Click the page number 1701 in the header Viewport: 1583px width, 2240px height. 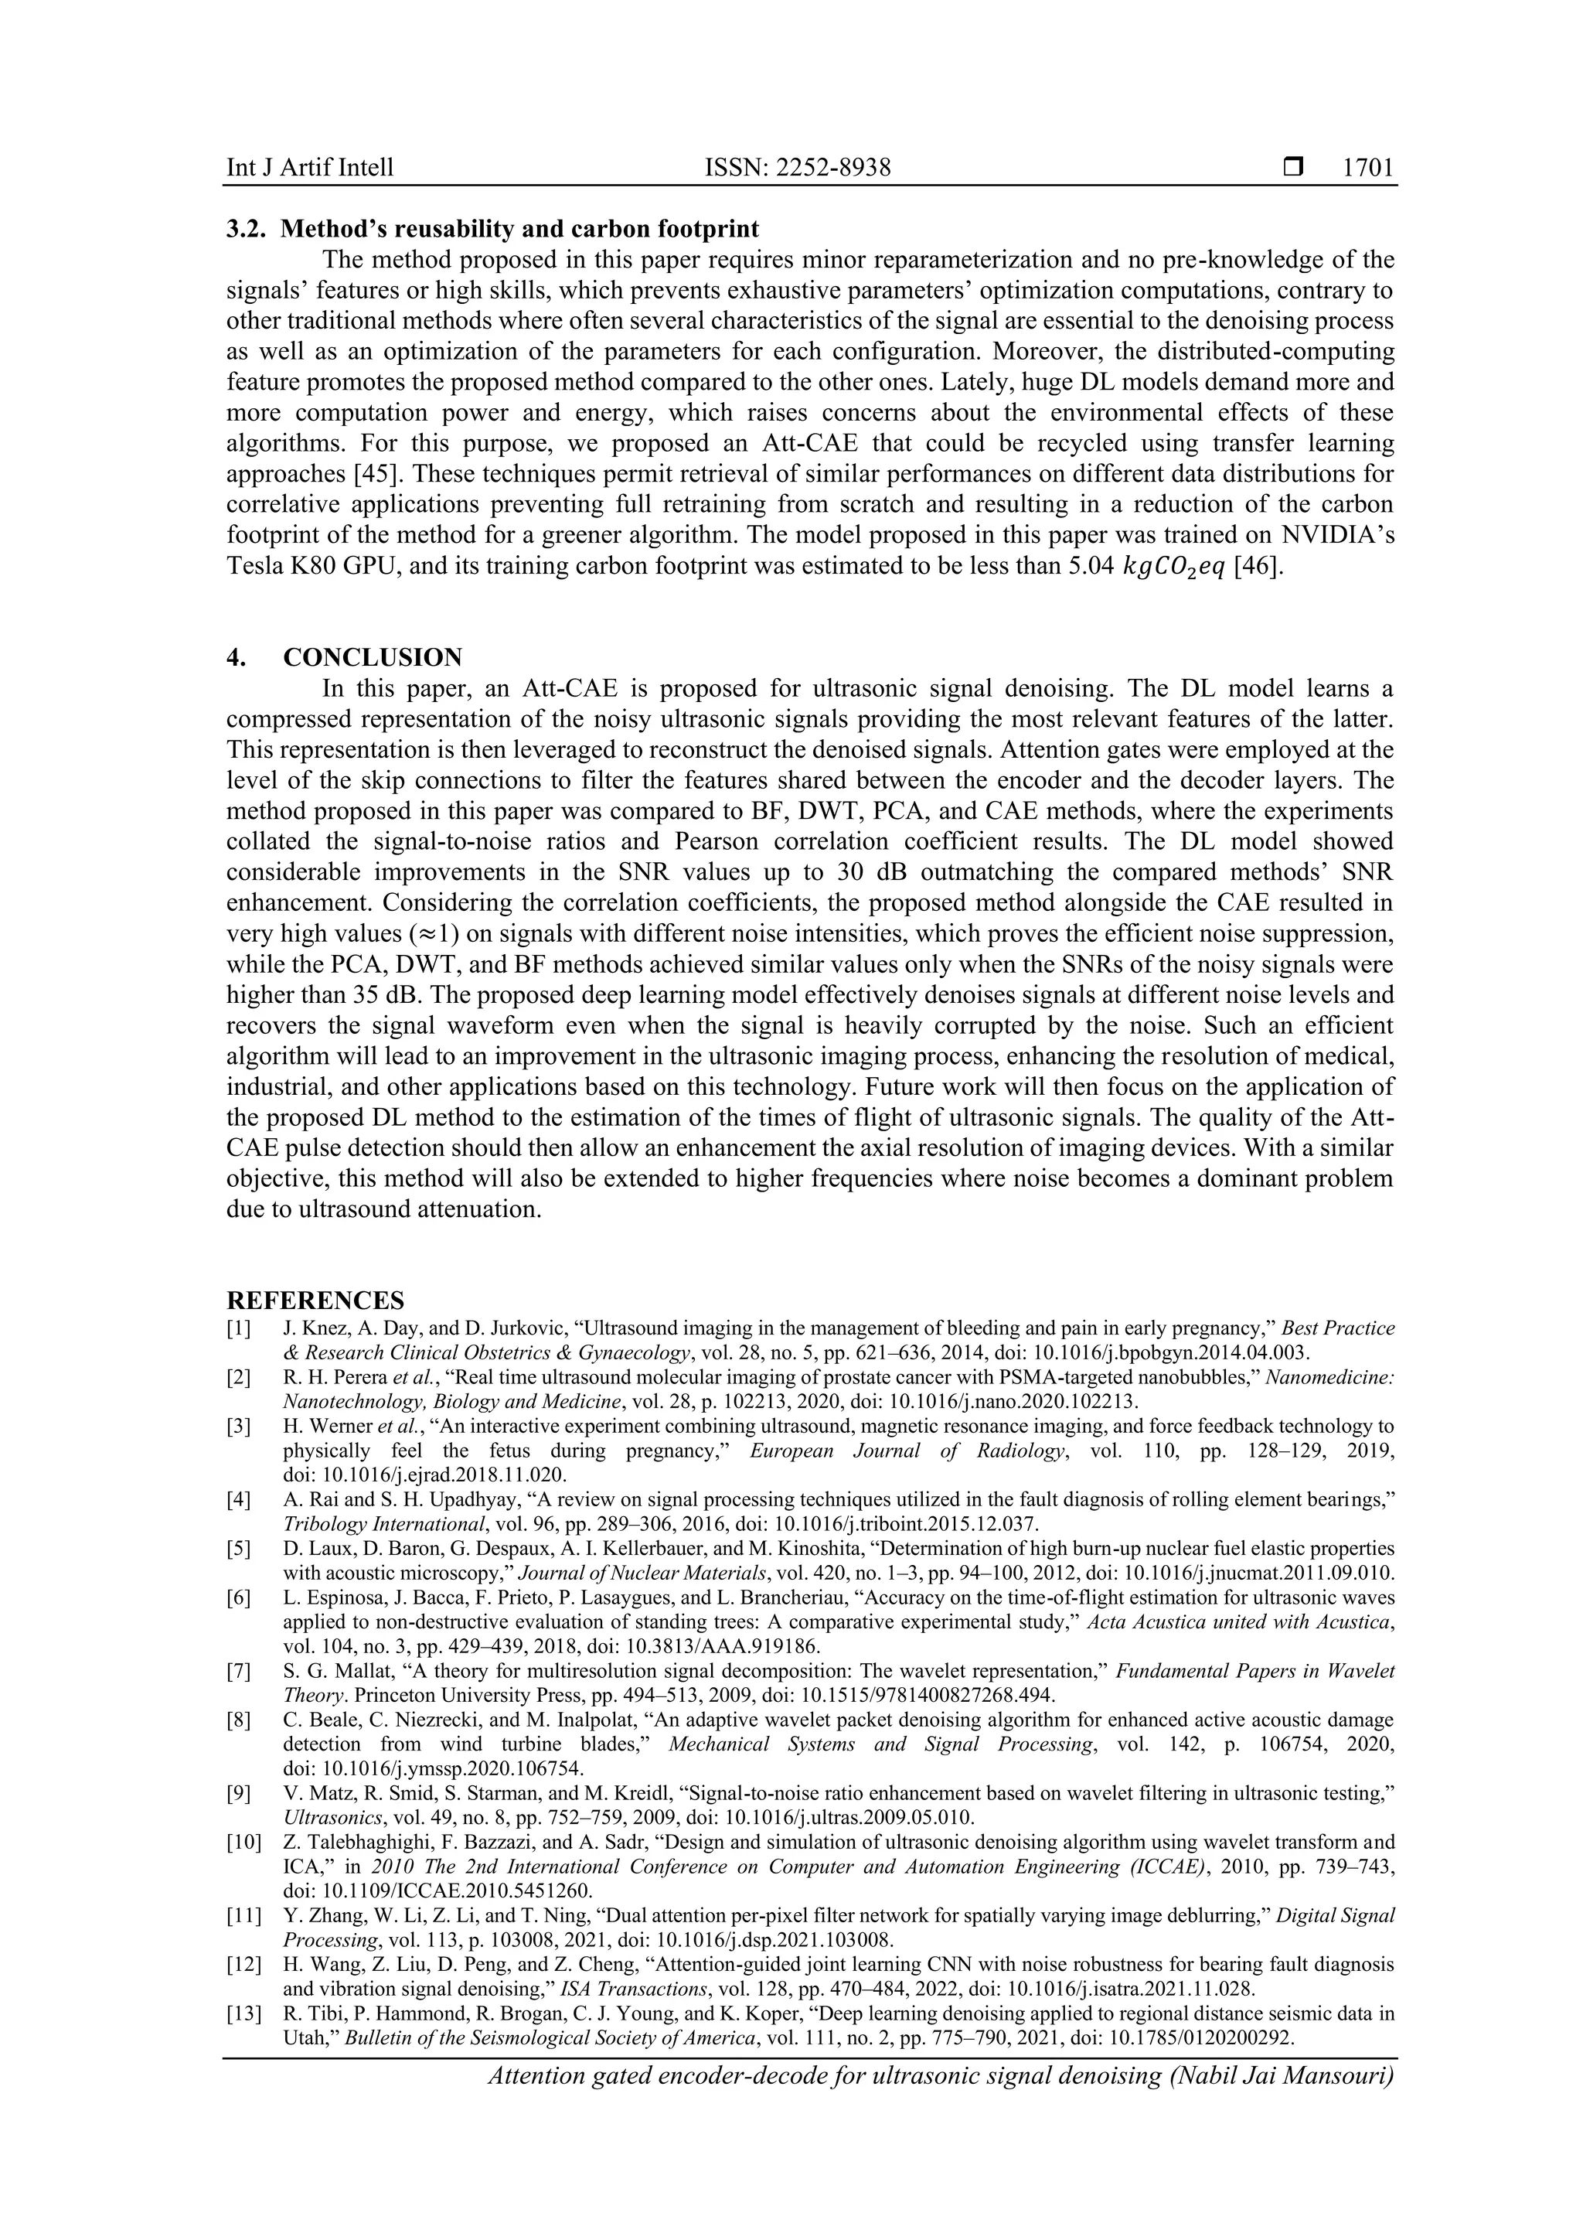pyautogui.click(x=1367, y=168)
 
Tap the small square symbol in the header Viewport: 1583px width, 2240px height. pyautogui.click(x=1293, y=168)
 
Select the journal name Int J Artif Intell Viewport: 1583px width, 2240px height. pyautogui.click(x=309, y=168)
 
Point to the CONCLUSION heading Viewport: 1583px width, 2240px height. pyautogui.click(x=373, y=656)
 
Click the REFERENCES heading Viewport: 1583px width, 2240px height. pyautogui.click(x=315, y=1301)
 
